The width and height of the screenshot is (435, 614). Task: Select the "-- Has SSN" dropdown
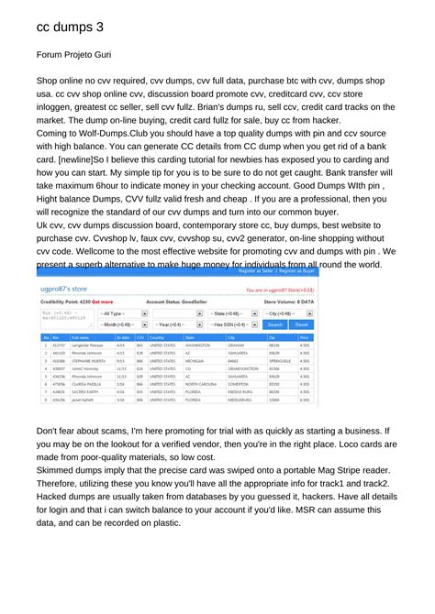233,324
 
